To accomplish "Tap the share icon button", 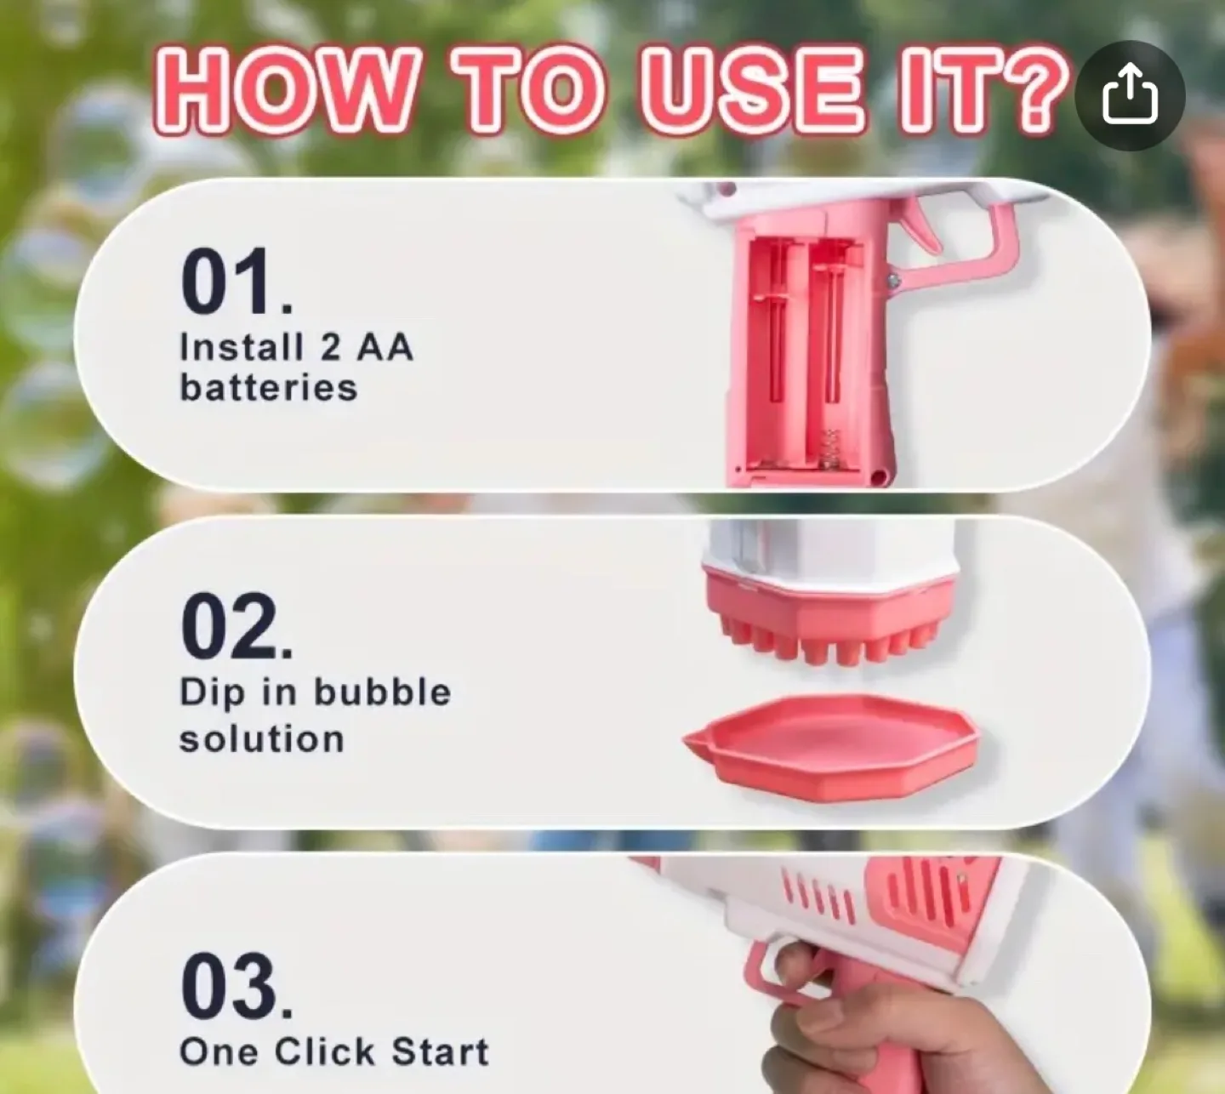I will click(x=1130, y=95).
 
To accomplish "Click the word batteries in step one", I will click(x=268, y=388).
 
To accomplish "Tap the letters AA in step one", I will click(x=385, y=347).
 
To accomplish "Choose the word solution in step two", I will click(x=261, y=738).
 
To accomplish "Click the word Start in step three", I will click(x=440, y=1051).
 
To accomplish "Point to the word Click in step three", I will click(x=324, y=1051).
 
